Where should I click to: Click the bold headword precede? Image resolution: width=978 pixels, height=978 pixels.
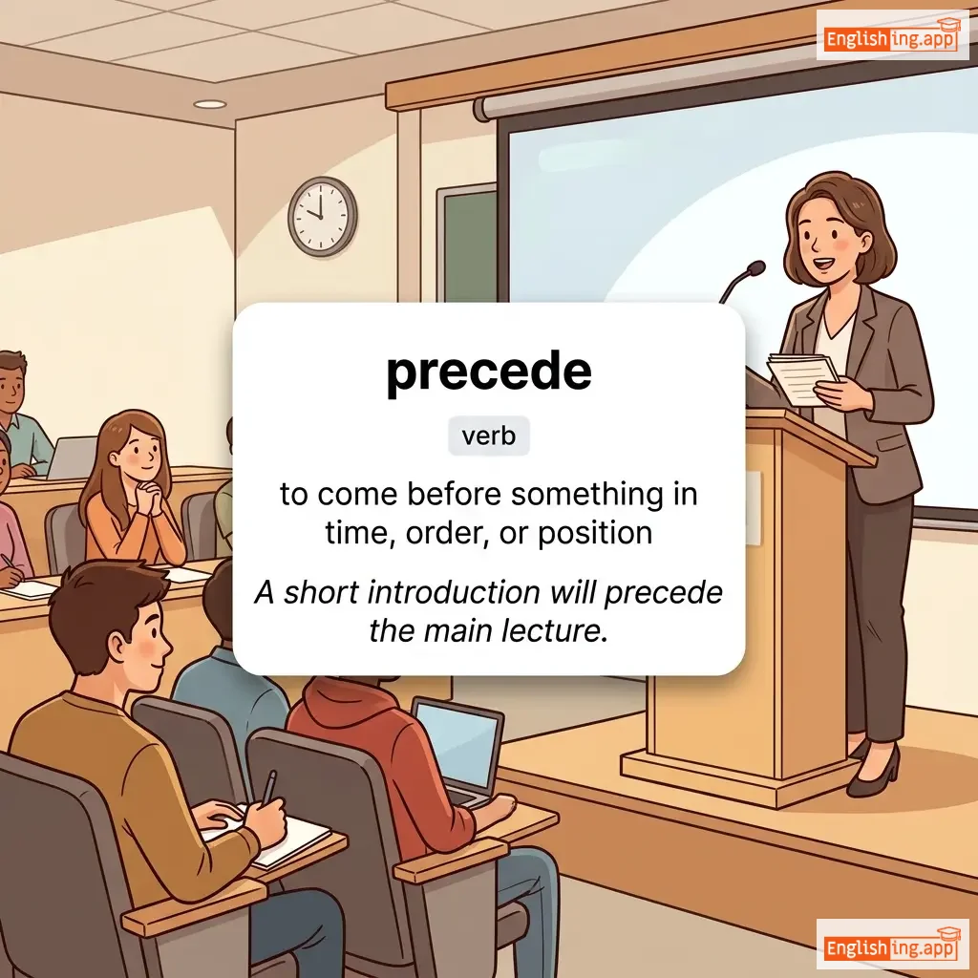point(488,373)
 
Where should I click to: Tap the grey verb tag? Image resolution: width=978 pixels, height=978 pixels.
point(488,436)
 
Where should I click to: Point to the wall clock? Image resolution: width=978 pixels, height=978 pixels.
point(323,216)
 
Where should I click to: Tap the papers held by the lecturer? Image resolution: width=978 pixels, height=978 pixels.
point(802,378)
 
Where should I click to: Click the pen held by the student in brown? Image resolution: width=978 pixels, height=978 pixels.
point(268,787)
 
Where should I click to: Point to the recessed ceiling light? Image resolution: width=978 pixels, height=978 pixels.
point(209,104)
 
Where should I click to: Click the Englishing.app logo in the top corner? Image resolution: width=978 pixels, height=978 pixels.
point(892,37)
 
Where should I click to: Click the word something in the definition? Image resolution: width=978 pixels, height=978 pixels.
point(587,495)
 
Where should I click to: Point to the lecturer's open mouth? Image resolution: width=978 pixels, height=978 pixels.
point(824,263)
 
